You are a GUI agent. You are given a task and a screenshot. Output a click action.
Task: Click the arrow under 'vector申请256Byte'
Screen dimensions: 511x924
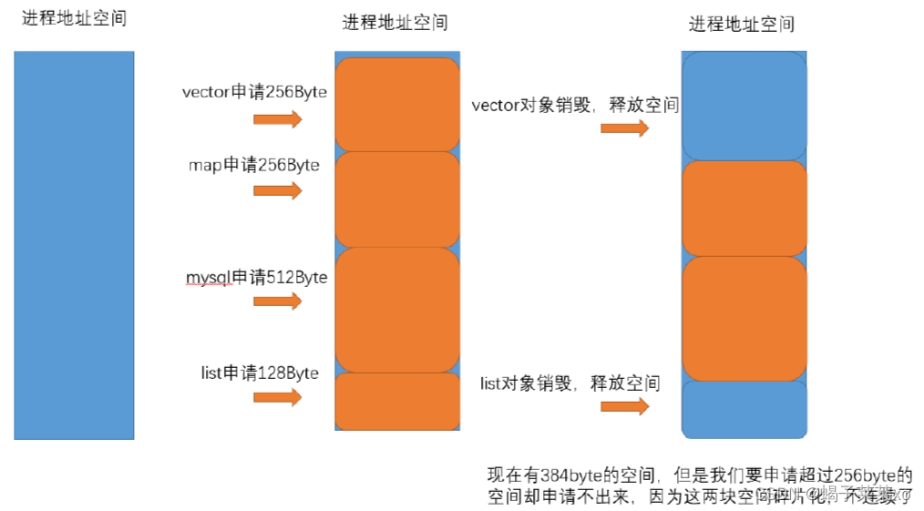pos(277,119)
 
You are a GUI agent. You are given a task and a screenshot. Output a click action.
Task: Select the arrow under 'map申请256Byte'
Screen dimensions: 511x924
pos(277,190)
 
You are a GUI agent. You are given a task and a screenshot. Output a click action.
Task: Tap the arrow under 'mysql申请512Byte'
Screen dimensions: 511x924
pos(277,301)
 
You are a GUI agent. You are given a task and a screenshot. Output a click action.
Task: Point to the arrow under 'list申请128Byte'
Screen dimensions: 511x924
pos(277,397)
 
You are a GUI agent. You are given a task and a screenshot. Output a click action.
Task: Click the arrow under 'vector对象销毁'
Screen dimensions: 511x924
pos(625,128)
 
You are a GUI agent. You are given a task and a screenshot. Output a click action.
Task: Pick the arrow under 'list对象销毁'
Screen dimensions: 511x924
pos(625,406)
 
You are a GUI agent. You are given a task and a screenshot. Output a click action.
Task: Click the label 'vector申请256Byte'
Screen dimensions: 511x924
pos(254,93)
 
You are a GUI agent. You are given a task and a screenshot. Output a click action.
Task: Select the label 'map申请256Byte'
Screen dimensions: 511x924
pos(254,165)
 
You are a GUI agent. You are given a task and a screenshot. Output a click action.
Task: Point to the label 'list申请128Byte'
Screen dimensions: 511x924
pos(260,373)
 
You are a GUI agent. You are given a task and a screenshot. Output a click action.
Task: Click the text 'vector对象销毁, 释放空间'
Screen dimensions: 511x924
pos(575,106)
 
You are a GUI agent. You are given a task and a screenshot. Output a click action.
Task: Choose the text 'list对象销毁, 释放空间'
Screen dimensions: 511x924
pos(570,383)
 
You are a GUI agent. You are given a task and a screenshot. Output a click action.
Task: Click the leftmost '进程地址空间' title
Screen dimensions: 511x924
pos(74,18)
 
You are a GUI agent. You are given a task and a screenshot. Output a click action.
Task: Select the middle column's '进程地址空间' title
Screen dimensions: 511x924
pos(395,23)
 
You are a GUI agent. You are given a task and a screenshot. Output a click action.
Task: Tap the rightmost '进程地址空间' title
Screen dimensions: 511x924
pos(742,24)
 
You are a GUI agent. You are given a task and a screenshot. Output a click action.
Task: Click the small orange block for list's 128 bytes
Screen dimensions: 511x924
pos(397,402)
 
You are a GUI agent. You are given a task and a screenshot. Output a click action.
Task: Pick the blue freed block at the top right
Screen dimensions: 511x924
pos(744,106)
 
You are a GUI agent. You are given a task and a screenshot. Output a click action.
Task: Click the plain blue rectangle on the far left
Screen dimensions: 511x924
pos(74,245)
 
